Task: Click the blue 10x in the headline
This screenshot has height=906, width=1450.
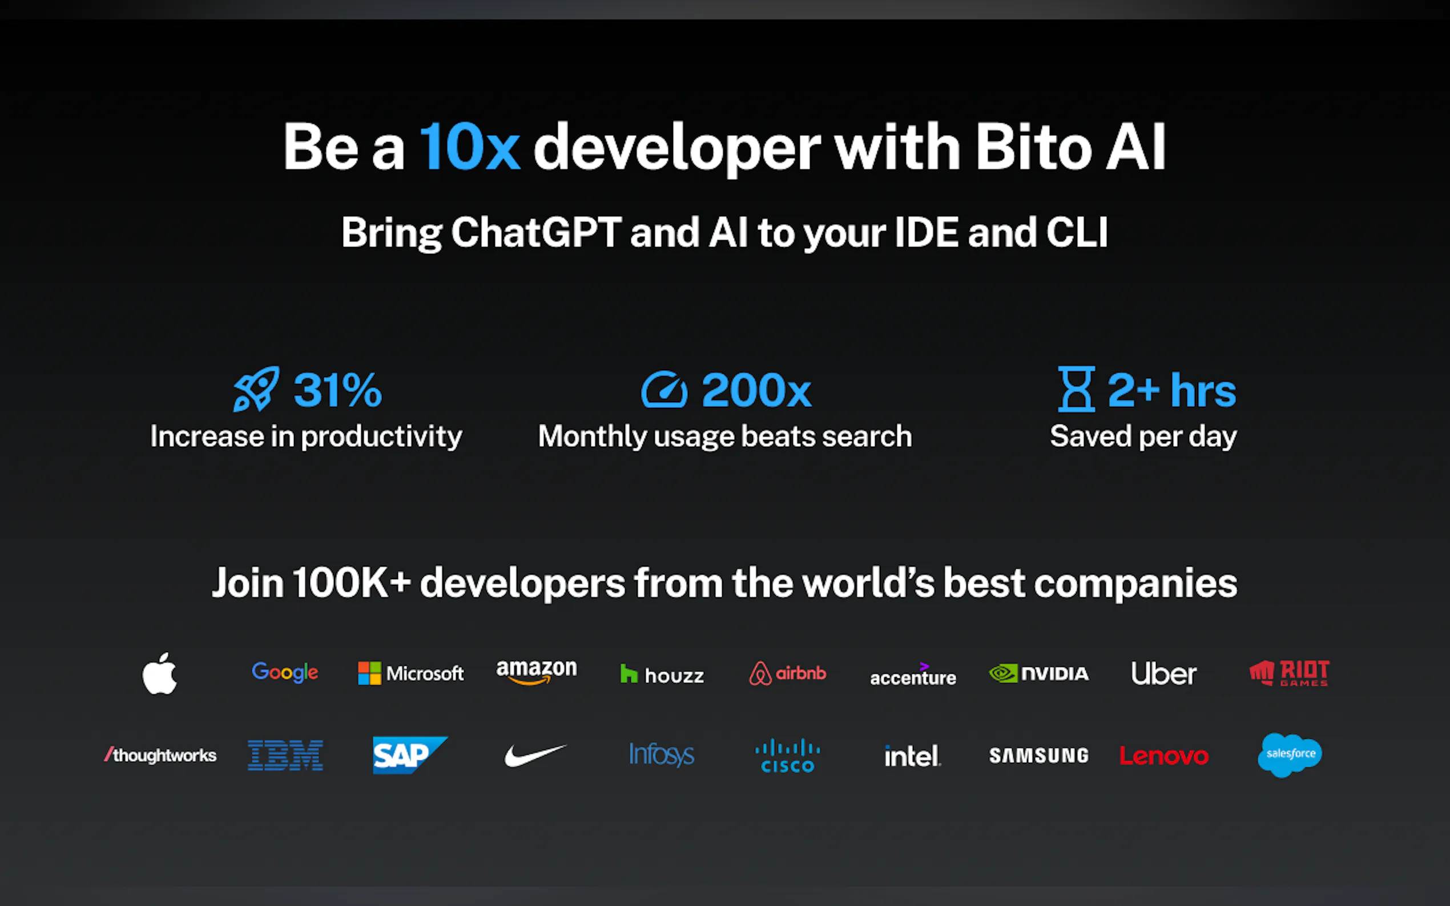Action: [x=469, y=147]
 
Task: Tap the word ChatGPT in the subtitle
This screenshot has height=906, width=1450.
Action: [x=536, y=233]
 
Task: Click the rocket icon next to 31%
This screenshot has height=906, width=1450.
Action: [x=256, y=390]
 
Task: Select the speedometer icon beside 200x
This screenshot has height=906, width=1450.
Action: [x=663, y=390]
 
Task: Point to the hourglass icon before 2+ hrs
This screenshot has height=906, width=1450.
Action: [x=1076, y=390]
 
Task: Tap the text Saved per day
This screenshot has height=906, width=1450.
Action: [x=1142, y=436]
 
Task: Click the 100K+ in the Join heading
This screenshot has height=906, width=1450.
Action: [x=351, y=583]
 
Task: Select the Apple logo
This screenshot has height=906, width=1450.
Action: [x=160, y=673]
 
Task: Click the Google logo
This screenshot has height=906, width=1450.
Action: [x=285, y=672]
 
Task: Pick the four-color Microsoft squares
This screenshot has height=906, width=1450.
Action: [x=369, y=673]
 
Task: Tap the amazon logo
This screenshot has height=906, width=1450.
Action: [x=537, y=671]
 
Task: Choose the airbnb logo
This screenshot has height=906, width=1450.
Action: [x=787, y=673]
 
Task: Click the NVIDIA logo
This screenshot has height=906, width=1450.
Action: [x=1038, y=673]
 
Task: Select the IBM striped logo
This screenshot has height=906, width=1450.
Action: [x=285, y=755]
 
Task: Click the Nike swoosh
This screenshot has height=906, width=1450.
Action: [x=535, y=755]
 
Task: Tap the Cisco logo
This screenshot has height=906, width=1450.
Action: [x=787, y=755]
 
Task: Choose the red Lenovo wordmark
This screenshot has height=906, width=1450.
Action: [x=1163, y=756]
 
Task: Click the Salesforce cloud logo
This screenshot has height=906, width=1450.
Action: [x=1290, y=754]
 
